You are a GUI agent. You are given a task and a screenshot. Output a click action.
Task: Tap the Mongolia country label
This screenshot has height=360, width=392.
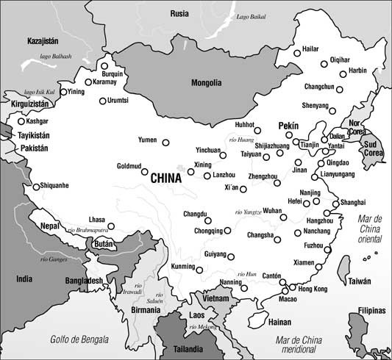pos(206,83)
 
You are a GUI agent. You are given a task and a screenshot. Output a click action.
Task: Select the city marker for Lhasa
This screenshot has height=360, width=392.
pos(112,226)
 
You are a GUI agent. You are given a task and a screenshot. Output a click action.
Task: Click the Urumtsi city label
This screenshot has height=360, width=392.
pos(118,101)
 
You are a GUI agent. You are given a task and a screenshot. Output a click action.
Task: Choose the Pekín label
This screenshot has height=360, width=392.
pos(290,126)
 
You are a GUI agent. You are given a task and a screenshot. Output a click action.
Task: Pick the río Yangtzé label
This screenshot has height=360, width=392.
pos(248,212)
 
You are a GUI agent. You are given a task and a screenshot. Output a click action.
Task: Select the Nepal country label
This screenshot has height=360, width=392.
pos(50,226)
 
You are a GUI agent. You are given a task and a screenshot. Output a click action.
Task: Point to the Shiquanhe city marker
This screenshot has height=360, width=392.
pos(35,187)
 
